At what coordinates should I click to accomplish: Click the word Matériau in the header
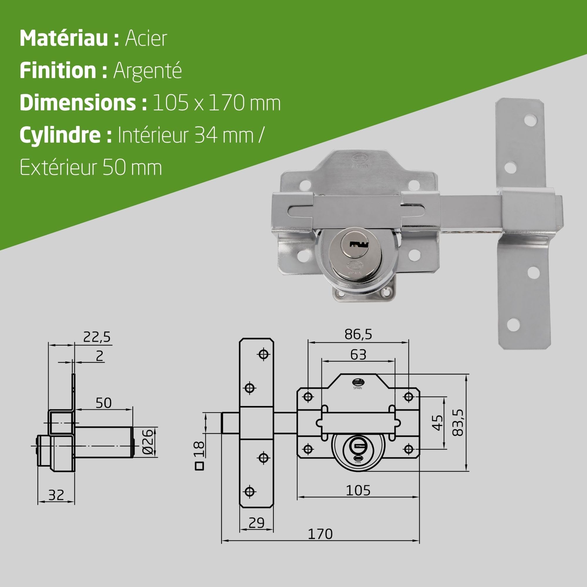point(64,38)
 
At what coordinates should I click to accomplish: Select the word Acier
point(146,38)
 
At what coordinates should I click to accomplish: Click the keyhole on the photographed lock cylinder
point(359,244)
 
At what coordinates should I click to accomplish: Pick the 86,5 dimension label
point(358,335)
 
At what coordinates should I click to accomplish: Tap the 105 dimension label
point(358,490)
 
